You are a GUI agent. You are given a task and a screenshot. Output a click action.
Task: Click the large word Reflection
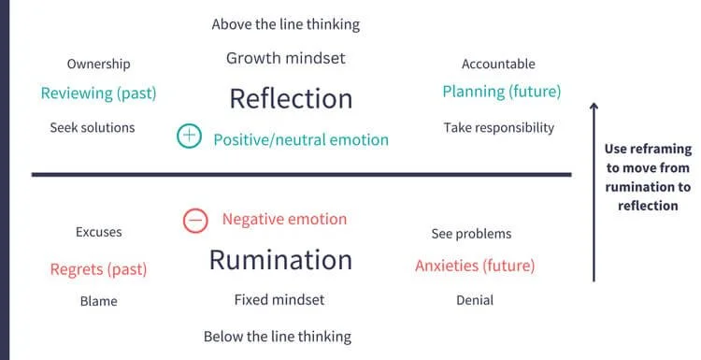tap(291, 98)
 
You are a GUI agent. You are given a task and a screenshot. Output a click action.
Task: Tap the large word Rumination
tap(280, 259)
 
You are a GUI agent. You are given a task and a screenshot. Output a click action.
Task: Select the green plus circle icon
tap(189, 137)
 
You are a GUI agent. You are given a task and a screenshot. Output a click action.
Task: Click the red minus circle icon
tap(193, 221)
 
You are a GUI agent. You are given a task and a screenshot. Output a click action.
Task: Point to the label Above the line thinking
tap(285, 24)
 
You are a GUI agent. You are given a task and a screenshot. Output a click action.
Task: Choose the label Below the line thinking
tap(278, 336)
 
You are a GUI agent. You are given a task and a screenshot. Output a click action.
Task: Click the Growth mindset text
tap(285, 58)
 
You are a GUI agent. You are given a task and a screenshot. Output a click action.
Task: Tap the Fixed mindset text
tap(279, 300)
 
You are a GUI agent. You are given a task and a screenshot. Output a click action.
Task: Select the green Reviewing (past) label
tap(98, 94)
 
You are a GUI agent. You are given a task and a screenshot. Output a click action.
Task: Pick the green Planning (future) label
tap(501, 92)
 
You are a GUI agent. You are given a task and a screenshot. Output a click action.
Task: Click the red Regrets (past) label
tap(98, 269)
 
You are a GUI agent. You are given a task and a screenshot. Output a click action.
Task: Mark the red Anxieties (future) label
tap(475, 266)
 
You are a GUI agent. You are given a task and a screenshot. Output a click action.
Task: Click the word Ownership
tap(98, 65)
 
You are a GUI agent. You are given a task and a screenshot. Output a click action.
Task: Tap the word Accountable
tap(498, 65)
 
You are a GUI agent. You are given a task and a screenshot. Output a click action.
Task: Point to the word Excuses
tap(98, 232)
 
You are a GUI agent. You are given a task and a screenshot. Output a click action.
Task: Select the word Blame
tap(98, 301)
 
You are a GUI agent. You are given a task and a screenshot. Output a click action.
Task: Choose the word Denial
tap(475, 300)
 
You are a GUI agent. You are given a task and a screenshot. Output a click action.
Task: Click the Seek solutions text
tap(93, 127)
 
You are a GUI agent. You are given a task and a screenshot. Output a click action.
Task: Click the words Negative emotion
tap(284, 220)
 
